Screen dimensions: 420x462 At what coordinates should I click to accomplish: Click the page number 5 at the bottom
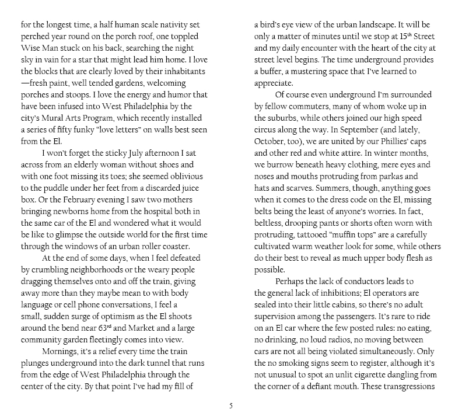tap(230, 406)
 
